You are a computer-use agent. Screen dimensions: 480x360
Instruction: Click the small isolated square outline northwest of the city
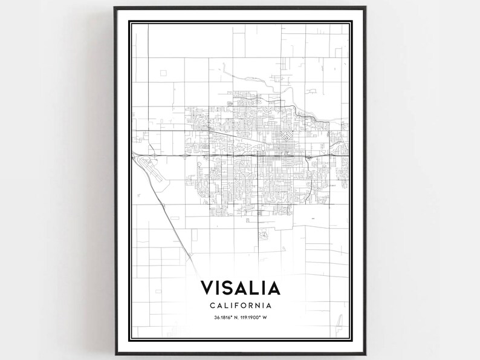pos(163,73)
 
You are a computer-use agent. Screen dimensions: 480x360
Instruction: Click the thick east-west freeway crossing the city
pos(242,155)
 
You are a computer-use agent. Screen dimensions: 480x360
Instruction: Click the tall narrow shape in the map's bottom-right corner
pos(342,319)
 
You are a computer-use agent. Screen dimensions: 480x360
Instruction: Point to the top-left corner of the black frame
pos(115,8)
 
